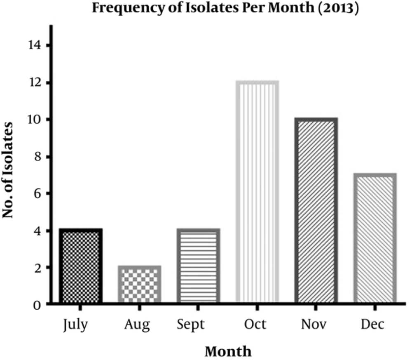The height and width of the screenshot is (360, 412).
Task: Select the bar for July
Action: pyautogui.click(x=80, y=266)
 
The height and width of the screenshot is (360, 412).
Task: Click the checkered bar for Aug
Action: pyautogui.click(x=139, y=285)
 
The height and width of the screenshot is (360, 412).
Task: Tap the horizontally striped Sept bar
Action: pyautogui.click(x=198, y=266)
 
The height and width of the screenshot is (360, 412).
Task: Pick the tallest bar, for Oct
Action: pyautogui.click(x=257, y=193)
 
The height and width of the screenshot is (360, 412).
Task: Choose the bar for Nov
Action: pyautogui.click(x=316, y=211)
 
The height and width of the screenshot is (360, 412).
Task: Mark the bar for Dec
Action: pyautogui.click(x=375, y=239)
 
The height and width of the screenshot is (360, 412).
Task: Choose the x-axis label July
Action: pyautogui.click(x=76, y=325)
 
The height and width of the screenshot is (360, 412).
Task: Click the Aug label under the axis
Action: pyautogui.click(x=137, y=325)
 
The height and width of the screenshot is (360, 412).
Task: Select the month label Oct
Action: pyautogui.click(x=255, y=324)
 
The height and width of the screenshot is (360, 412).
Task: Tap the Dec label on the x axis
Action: pyautogui.click(x=372, y=324)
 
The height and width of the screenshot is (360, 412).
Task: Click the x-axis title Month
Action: pyautogui.click(x=228, y=351)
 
